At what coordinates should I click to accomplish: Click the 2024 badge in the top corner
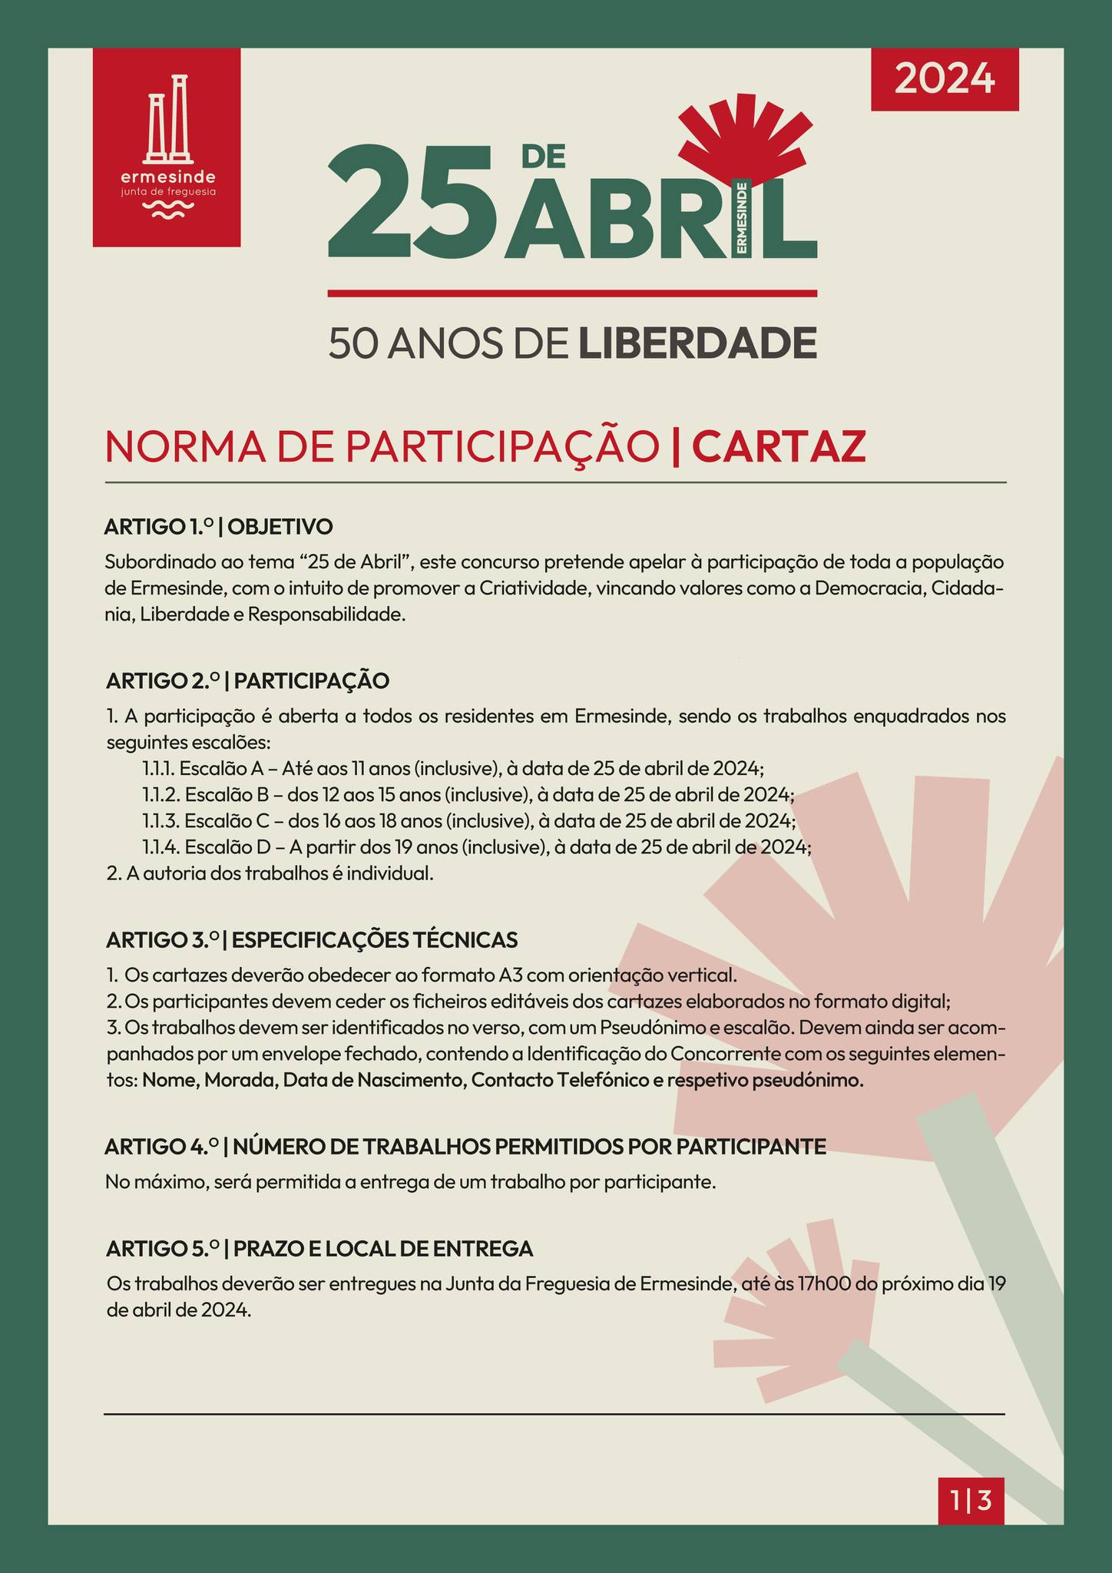coord(945,79)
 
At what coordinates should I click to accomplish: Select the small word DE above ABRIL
coord(543,156)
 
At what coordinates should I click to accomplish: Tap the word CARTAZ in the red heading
coord(779,447)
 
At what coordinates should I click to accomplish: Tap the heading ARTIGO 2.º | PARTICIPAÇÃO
coord(248,681)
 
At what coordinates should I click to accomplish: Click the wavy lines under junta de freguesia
coord(167,210)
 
